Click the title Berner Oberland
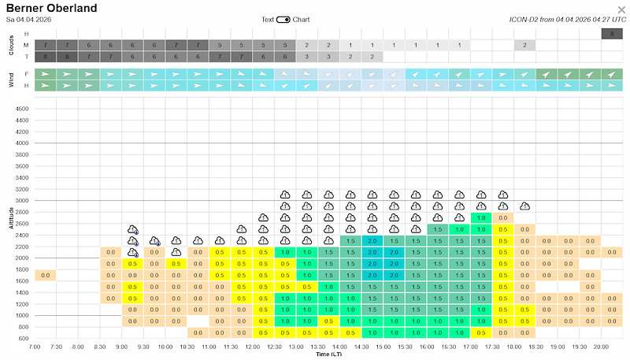pos(52,9)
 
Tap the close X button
pos(621,9)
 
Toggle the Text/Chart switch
pos(283,19)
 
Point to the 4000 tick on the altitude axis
pos(22,143)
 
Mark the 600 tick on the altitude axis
pos(24,339)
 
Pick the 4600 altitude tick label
pos(22,109)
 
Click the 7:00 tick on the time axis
pos(34,347)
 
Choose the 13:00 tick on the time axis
pos(295,347)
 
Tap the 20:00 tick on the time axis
pos(600,347)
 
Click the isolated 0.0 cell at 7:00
pos(45,275)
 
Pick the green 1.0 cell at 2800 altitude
pos(480,217)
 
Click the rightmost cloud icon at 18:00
pos(524,206)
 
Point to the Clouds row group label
pos(11,45)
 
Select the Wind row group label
pos(11,79)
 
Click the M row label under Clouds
pos(27,45)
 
